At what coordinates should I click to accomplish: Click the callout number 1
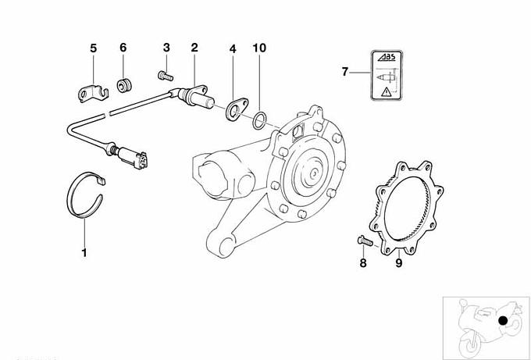click(84, 252)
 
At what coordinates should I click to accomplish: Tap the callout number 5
click(93, 48)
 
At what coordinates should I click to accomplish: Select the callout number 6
click(123, 48)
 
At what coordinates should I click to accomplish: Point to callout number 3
click(166, 48)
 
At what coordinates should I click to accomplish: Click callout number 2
click(194, 48)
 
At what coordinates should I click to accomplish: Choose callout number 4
click(232, 48)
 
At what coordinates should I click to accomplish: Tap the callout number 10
click(259, 48)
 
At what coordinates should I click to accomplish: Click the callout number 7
click(344, 72)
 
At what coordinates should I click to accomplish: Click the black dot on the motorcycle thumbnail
click(504, 320)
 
